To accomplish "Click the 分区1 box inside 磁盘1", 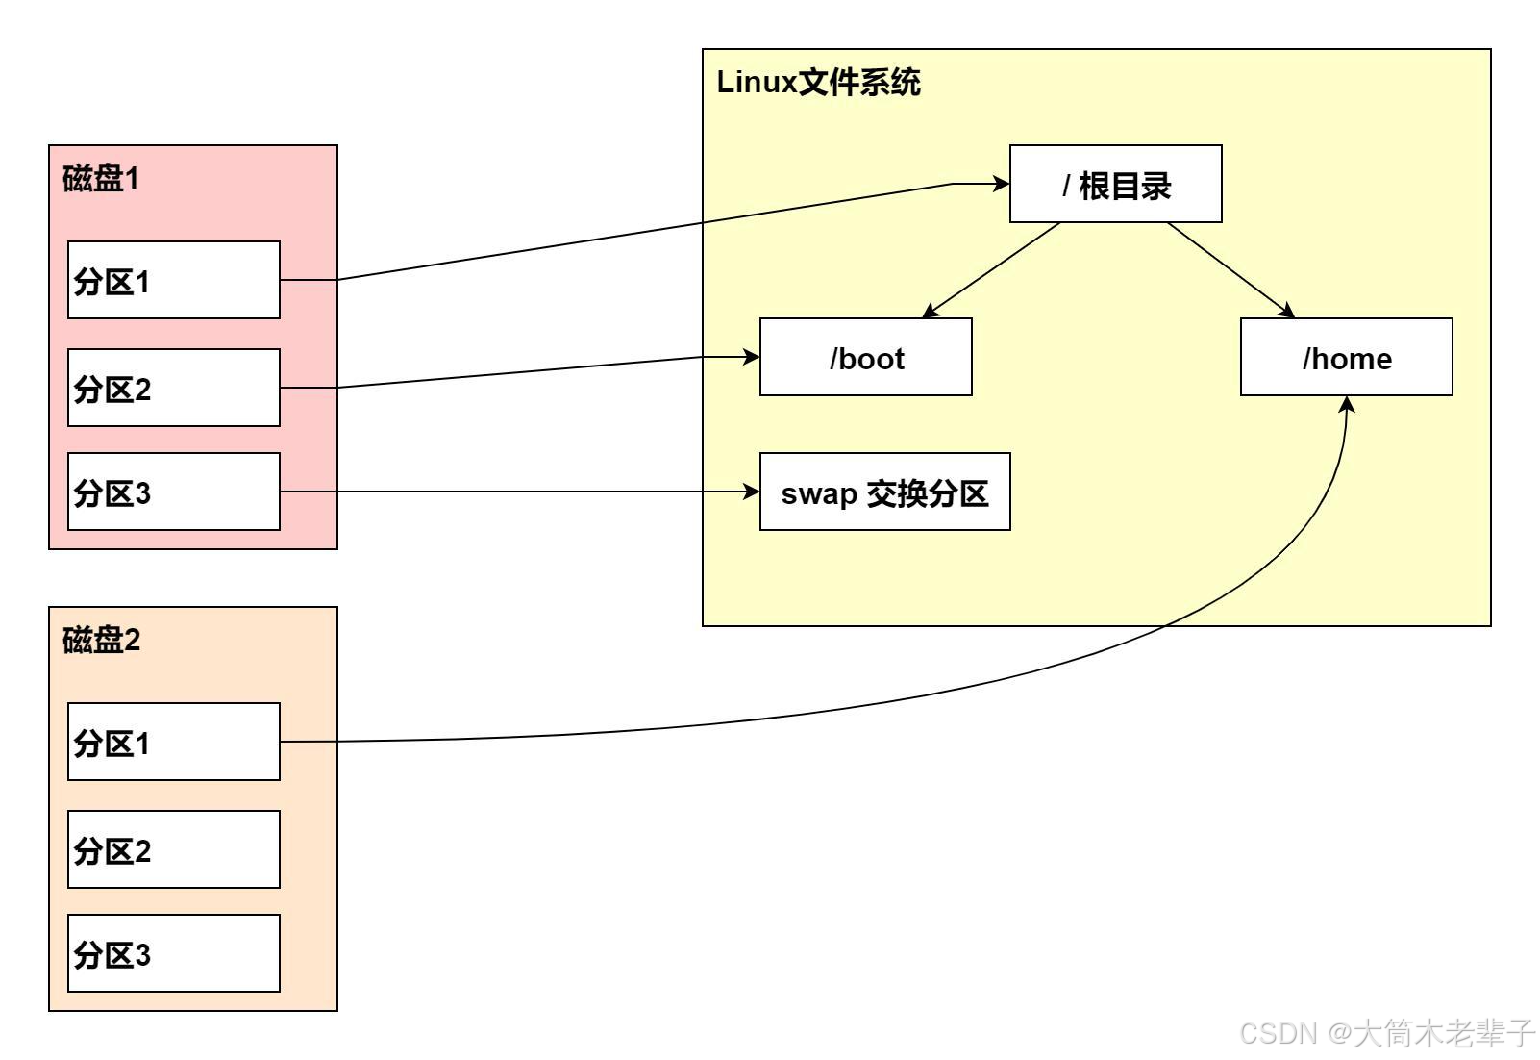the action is pos(174,280).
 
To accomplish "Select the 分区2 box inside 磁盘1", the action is pos(174,388).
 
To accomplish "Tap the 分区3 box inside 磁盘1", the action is pos(174,492).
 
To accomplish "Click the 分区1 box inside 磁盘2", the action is pos(174,742).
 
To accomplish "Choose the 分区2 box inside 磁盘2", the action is pos(174,849).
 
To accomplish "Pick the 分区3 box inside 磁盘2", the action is pos(174,953).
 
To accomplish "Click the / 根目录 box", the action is pos(1116,184).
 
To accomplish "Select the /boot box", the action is pos(866,357).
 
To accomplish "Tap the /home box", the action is pos(1347,357).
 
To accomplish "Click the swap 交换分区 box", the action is pos(885,492).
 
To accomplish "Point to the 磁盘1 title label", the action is pos(101,178).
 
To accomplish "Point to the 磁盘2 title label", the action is pos(102,640).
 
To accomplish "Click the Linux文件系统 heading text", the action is pos(818,83).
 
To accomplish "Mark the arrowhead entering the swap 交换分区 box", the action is pos(752,492).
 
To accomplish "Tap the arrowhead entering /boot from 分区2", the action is pos(752,357).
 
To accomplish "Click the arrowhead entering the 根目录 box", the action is pos(1001,184).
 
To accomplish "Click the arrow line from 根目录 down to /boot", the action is pos(991,270).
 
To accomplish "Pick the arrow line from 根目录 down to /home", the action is pos(1231,270).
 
